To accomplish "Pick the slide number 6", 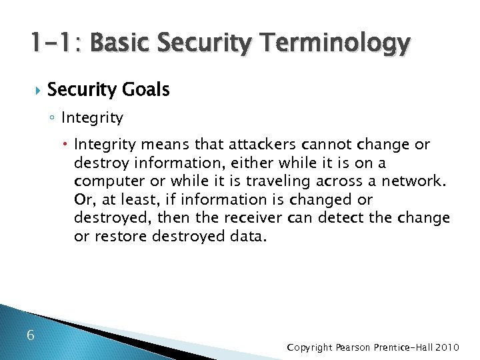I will click(x=31, y=335).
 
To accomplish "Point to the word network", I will click(x=418, y=181).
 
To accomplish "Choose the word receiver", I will click(x=251, y=218).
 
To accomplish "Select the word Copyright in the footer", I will click(x=309, y=347).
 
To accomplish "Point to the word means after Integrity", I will click(x=157, y=145).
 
